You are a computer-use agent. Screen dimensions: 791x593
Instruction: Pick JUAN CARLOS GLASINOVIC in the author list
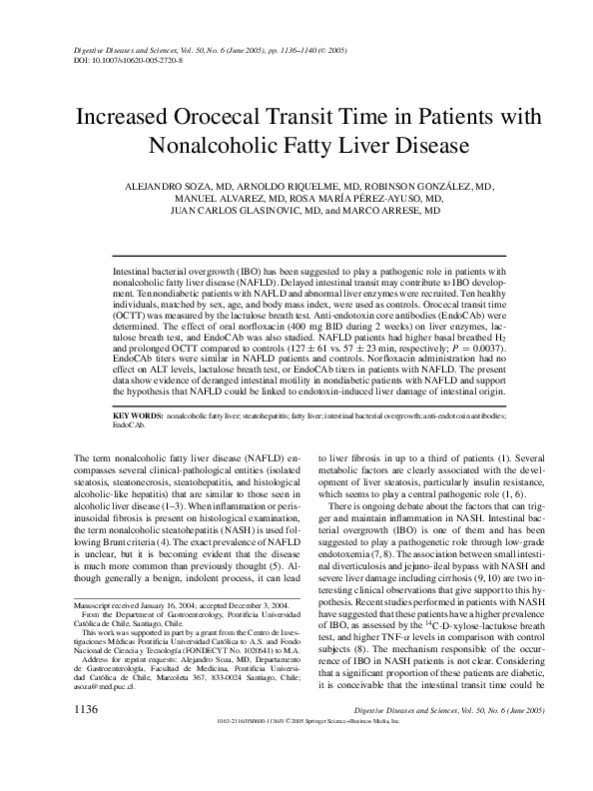click(217, 212)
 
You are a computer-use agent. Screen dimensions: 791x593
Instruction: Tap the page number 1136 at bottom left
click(86, 764)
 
